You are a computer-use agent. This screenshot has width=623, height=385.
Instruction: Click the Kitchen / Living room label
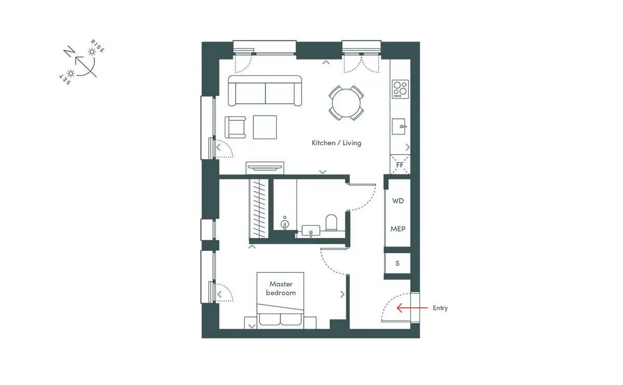(336, 143)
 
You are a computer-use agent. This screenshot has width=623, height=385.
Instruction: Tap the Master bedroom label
(281, 288)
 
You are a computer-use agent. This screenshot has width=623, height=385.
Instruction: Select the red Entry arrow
(412, 308)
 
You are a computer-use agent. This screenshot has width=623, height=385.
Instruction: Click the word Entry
(440, 308)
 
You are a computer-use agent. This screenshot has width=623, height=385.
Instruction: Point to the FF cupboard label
(400, 165)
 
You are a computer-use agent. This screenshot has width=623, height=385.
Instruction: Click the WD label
(398, 201)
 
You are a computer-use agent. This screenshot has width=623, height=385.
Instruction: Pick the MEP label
(398, 229)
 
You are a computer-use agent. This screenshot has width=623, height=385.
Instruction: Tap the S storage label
(398, 263)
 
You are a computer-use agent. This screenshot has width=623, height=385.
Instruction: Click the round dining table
(346, 103)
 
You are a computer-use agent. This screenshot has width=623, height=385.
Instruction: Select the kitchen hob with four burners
(400, 89)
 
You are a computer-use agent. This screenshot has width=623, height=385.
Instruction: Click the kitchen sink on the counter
(399, 127)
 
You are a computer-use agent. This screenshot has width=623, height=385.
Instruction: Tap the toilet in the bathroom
(331, 223)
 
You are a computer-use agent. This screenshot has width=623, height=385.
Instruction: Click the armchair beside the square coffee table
(235, 127)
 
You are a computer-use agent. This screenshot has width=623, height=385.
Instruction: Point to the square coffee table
(265, 127)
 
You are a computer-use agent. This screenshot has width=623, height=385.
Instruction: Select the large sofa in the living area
(265, 91)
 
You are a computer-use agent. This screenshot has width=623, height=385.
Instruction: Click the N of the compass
(69, 52)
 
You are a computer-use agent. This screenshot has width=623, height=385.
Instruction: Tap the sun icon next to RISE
(92, 52)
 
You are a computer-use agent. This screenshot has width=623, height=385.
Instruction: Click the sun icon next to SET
(71, 73)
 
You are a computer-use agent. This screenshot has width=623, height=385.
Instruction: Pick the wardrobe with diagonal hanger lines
(259, 209)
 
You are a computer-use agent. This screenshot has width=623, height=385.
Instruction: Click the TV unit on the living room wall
(265, 168)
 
